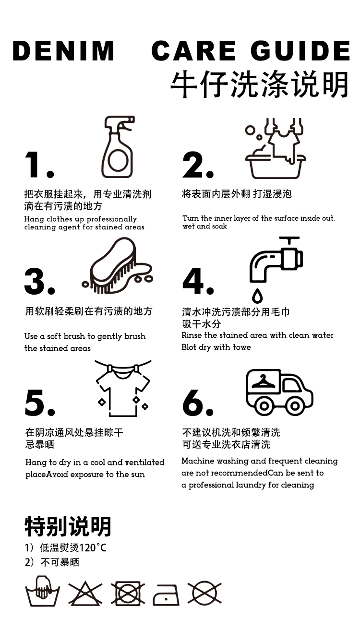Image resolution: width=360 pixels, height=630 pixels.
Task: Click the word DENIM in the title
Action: [63, 51]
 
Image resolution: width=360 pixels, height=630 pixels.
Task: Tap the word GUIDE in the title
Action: [300, 51]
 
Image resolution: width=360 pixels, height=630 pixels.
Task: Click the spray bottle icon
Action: [118, 147]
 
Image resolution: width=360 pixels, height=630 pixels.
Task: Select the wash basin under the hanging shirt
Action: [276, 167]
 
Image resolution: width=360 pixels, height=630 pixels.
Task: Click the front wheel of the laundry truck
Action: [295, 406]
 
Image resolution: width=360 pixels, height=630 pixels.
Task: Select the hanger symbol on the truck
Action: [263, 381]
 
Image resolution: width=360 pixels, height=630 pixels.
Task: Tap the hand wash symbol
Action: [42, 591]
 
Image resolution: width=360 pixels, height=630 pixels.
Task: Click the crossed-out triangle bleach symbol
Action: [85, 594]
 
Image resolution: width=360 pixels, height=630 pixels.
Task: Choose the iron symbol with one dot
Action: [166, 595]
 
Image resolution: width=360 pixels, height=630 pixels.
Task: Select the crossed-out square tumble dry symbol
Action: [128, 594]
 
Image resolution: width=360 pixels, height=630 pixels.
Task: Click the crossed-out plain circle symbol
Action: [204, 594]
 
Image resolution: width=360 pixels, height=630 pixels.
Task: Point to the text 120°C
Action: [93, 548]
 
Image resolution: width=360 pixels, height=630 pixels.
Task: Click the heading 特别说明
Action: [68, 526]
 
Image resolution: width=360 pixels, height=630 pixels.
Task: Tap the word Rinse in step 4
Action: [192, 335]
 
